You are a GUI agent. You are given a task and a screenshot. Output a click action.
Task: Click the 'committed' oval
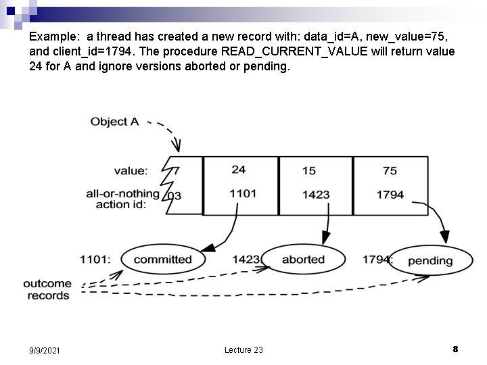[162, 260]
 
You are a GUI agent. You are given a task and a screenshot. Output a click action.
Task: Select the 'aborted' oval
[303, 260]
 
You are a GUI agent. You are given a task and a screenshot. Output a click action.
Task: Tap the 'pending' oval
[430, 261]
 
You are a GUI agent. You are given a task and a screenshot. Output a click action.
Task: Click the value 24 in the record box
[238, 170]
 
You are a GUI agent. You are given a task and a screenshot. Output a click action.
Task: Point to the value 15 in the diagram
[309, 171]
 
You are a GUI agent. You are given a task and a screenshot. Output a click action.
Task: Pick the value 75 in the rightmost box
[390, 171]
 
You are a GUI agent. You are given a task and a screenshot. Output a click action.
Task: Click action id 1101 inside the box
[243, 193]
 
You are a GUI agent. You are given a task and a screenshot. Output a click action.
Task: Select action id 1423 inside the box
[315, 195]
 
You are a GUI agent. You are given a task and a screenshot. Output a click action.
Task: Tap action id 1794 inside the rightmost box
[390, 195]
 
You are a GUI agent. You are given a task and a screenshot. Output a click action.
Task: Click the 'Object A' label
[114, 122]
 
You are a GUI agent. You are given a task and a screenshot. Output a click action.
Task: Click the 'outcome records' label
[47, 290]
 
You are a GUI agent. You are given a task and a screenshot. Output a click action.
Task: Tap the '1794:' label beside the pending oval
[376, 260]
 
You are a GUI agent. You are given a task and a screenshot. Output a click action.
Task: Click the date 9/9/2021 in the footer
[45, 350]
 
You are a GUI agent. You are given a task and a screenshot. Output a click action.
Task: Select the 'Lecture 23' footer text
[243, 349]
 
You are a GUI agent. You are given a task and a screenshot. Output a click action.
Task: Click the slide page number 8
[455, 349]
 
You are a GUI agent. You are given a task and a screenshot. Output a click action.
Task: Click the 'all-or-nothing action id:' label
[122, 199]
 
